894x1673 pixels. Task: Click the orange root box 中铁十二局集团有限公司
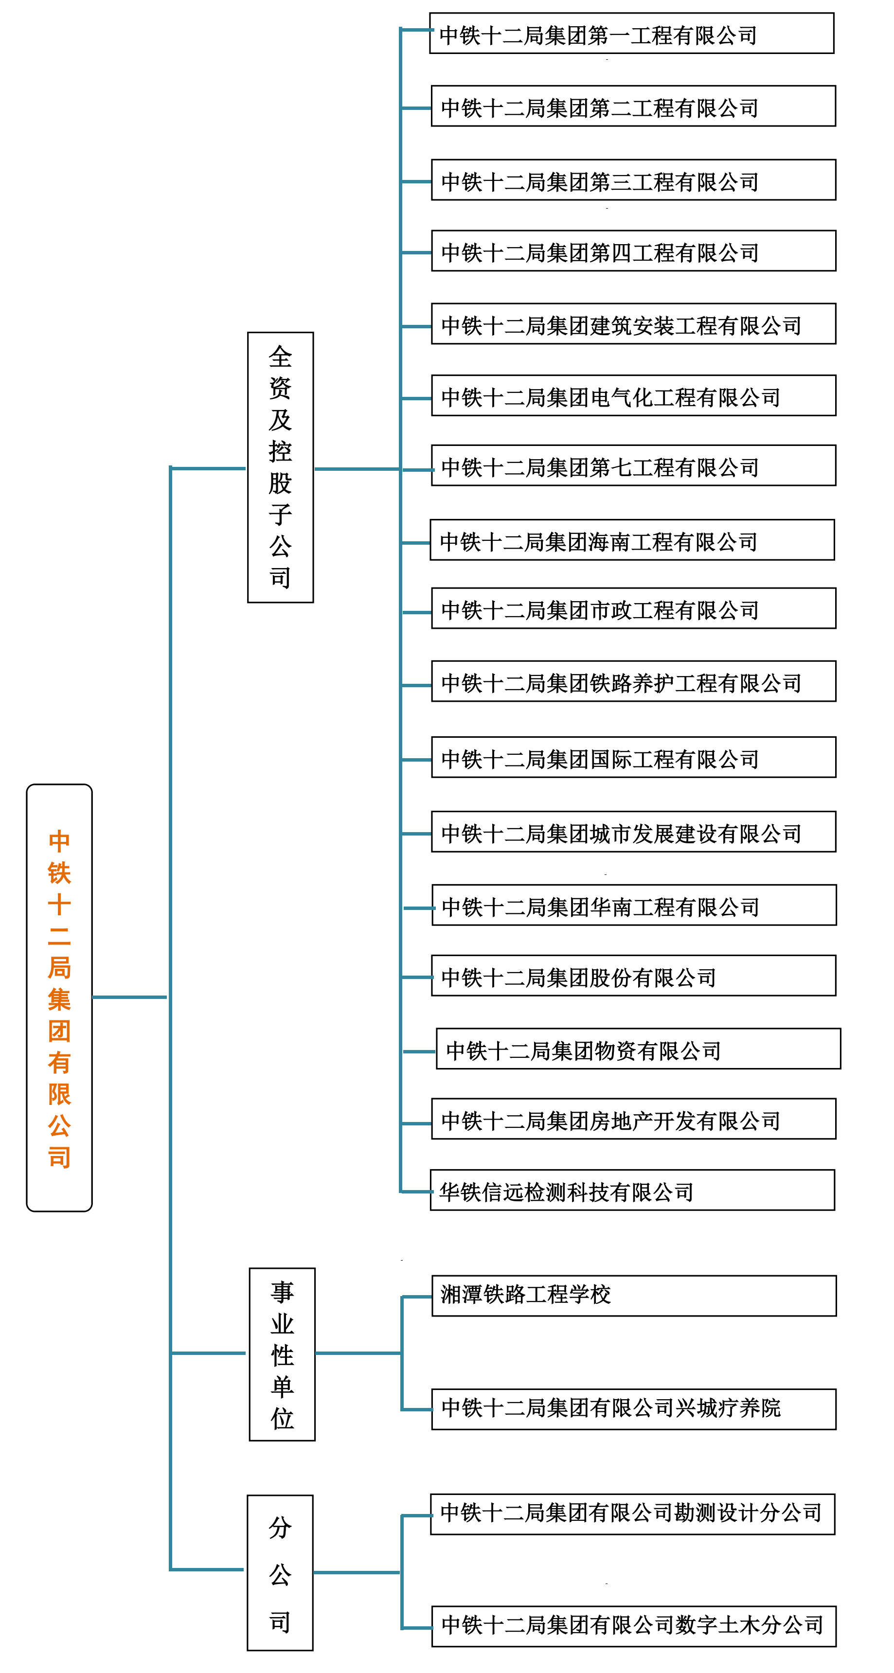(x=59, y=997)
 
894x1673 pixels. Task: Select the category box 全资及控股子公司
(x=281, y=467)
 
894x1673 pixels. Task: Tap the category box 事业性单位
(x=283, y=1354)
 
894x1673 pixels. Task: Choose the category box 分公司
(x=280, y=1572)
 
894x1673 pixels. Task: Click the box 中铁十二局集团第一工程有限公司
(x=631, y=33)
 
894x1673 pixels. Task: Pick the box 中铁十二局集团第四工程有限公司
(x=633, y=250)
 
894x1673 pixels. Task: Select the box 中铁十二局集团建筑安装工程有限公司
(x=633, y=323)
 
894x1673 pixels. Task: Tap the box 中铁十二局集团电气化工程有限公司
(x=633, y=395)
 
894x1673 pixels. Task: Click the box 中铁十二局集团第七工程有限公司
(x=633, y=465)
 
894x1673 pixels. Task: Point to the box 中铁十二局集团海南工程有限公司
(x=632, y=540)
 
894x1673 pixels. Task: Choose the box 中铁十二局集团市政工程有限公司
(x=633, y=608)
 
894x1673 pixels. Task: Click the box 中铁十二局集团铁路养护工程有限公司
(x=633, y=681)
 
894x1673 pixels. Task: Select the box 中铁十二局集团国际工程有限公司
(x=633, y=757)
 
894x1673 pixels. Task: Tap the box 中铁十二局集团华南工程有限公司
(x=634, y=906)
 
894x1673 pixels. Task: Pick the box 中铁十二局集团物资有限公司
(x=638, y=1049)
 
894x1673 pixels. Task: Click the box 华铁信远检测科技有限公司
(x=632, y=1191)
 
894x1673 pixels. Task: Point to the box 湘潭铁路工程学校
(x=634, y=1296)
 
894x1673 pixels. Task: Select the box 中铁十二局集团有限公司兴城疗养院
(x=633, y=1409)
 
